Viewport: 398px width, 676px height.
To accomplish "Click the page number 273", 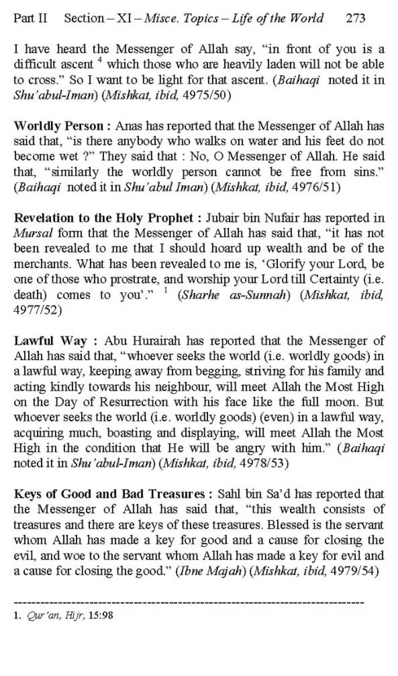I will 355,18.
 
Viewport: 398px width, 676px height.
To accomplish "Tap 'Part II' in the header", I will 30,18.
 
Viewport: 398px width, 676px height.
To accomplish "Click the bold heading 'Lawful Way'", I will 51,341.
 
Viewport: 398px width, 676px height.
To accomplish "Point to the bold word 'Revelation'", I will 44,218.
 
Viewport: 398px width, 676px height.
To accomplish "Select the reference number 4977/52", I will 37,310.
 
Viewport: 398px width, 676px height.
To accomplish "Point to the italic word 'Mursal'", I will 33,233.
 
